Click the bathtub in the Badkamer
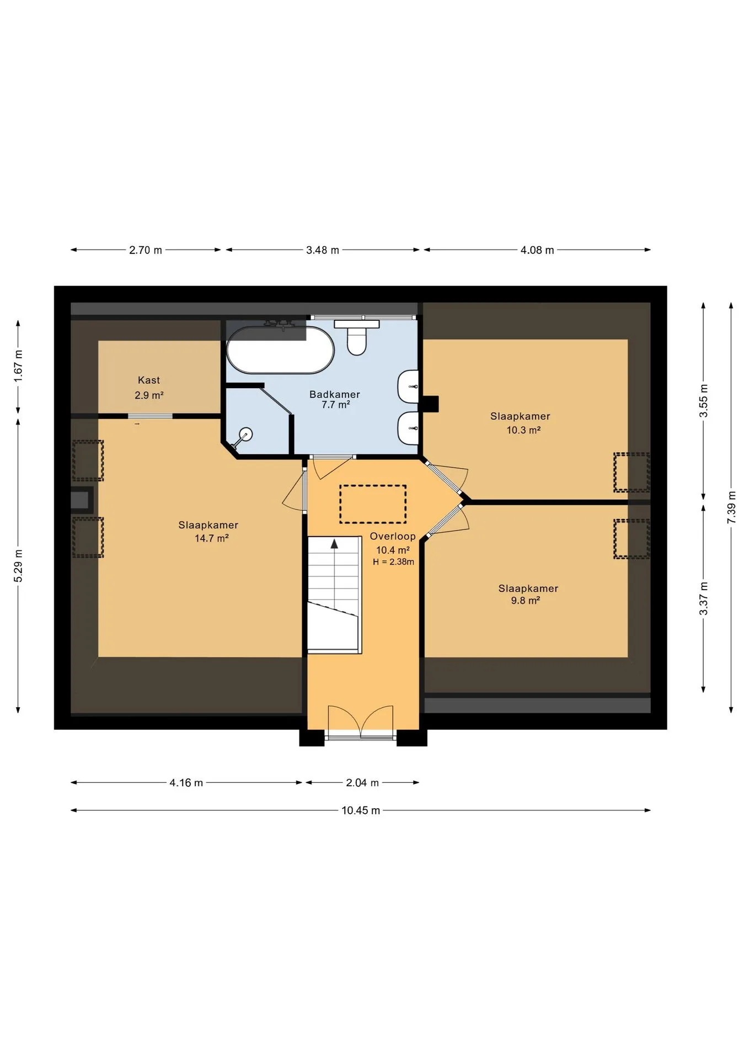coord(280,350)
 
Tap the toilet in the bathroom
coord(357,337)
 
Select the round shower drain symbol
coord(246,434)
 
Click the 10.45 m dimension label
coord(361,810)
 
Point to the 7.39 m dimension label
coord(731,507)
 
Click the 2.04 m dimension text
coord(362,783)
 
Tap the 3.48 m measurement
coord(323,250)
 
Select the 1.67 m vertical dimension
coord(18,365)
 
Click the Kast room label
coord(149,380)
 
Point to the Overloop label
coord(393,537)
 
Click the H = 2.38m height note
coord(393,562)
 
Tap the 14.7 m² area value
coord(211,538)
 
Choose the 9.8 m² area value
coord(525,601)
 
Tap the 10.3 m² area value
coord(523,430)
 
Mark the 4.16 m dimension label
coord(186,783)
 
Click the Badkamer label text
coord(335,395)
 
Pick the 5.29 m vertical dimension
coord(18,566)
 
